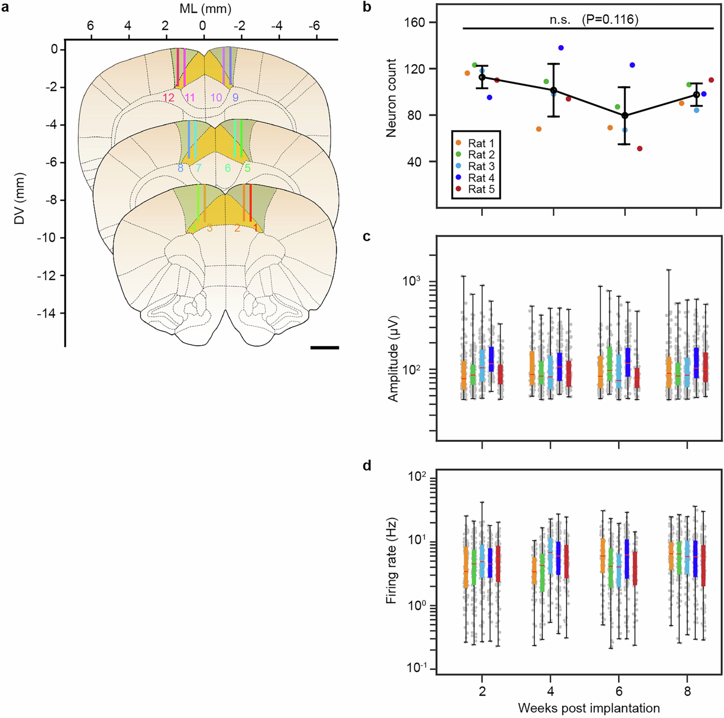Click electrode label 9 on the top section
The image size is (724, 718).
(235, 98)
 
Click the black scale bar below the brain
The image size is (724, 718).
(325, 348)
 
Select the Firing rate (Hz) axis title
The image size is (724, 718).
(391, 561)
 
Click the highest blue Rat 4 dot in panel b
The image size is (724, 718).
(561, 48)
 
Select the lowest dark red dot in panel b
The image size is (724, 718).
(640, 148)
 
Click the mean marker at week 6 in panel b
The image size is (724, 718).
(625, 116)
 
